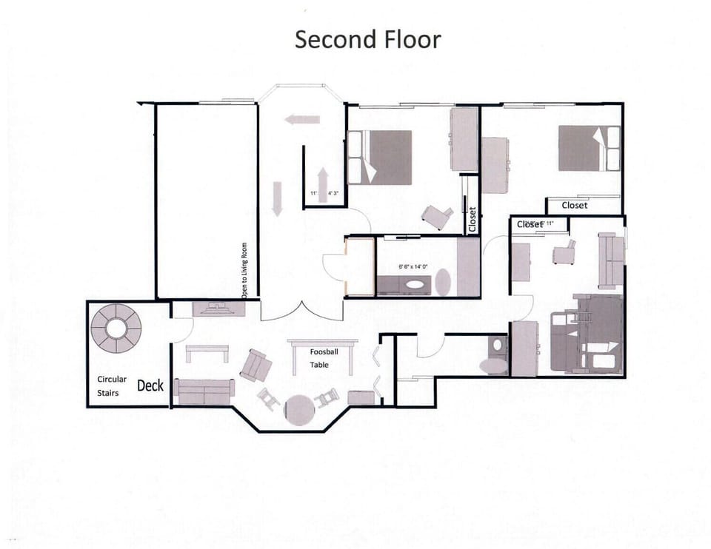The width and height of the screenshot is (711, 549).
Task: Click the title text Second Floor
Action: (367, 39)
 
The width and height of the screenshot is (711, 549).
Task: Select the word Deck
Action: (150, 385)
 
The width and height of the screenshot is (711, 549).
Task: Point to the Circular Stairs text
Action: (112, 385)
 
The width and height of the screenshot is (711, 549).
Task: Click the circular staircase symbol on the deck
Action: (116, 328)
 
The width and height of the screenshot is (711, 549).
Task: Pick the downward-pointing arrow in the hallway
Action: (277, 198)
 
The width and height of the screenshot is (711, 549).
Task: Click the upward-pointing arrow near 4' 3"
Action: (323, 180)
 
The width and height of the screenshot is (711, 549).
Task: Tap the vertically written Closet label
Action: (473, 219)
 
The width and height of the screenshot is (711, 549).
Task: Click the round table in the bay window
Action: (300, 409)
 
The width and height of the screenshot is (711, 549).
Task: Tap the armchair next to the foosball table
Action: (256, 365)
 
